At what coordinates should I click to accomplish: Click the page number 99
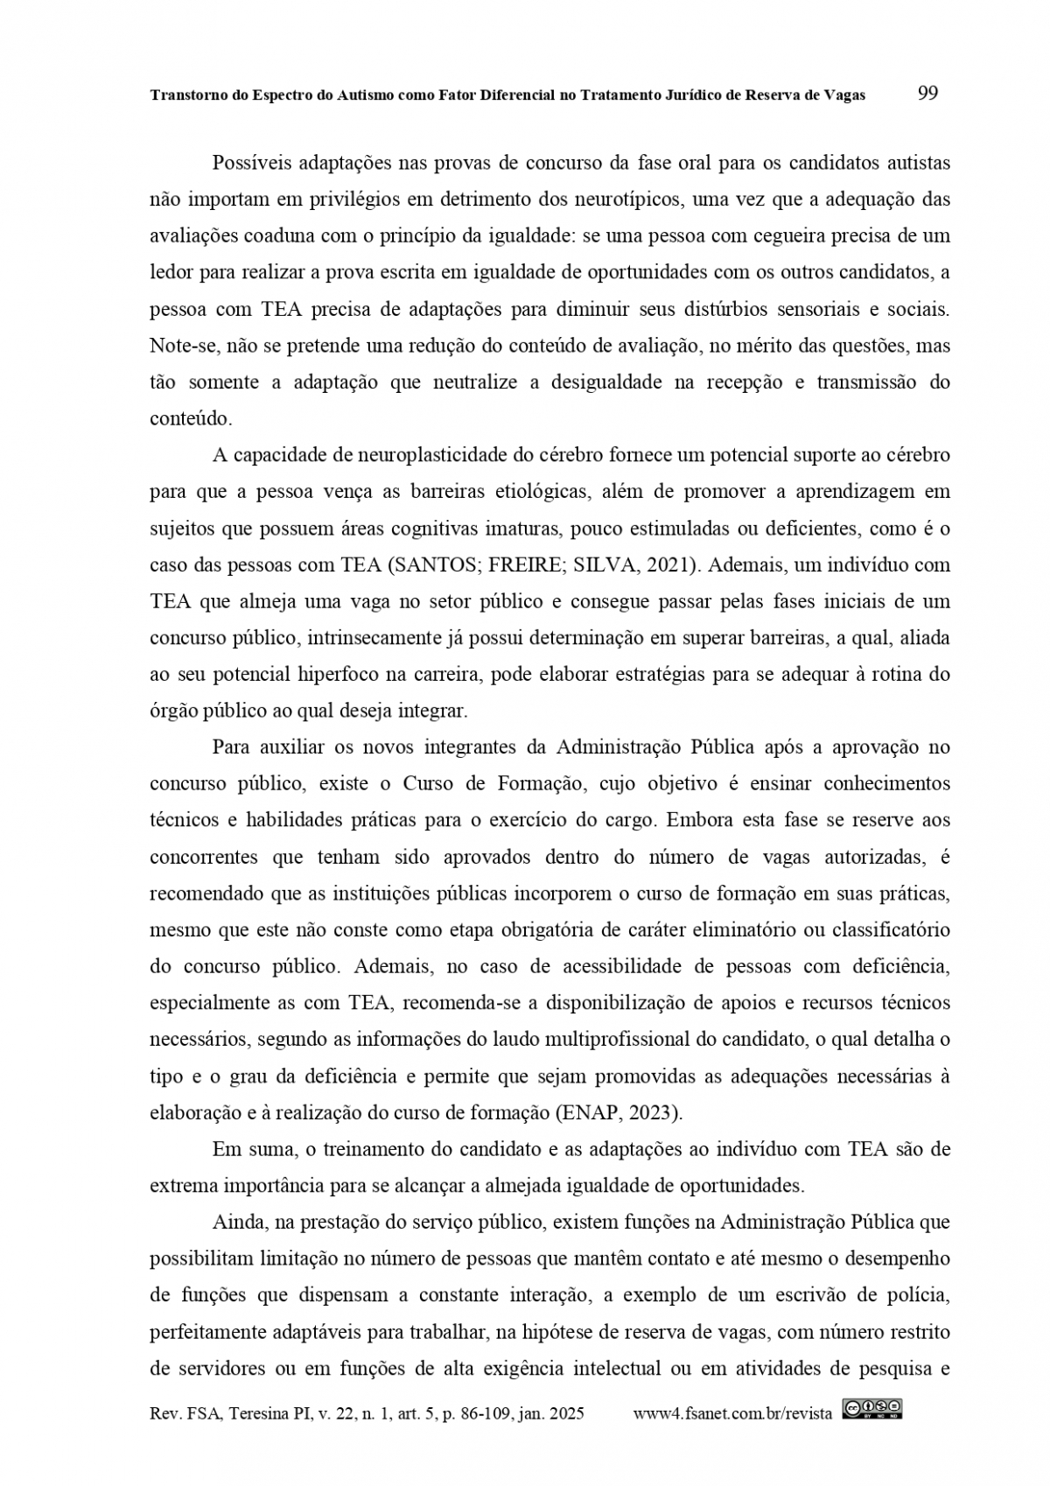click(927, 94)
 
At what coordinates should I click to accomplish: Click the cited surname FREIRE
click(529, 564)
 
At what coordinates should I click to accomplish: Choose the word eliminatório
click(747, 930)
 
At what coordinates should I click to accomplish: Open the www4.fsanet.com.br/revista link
click(732, 1413)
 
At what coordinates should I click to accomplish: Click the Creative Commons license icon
click(871, 1409)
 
